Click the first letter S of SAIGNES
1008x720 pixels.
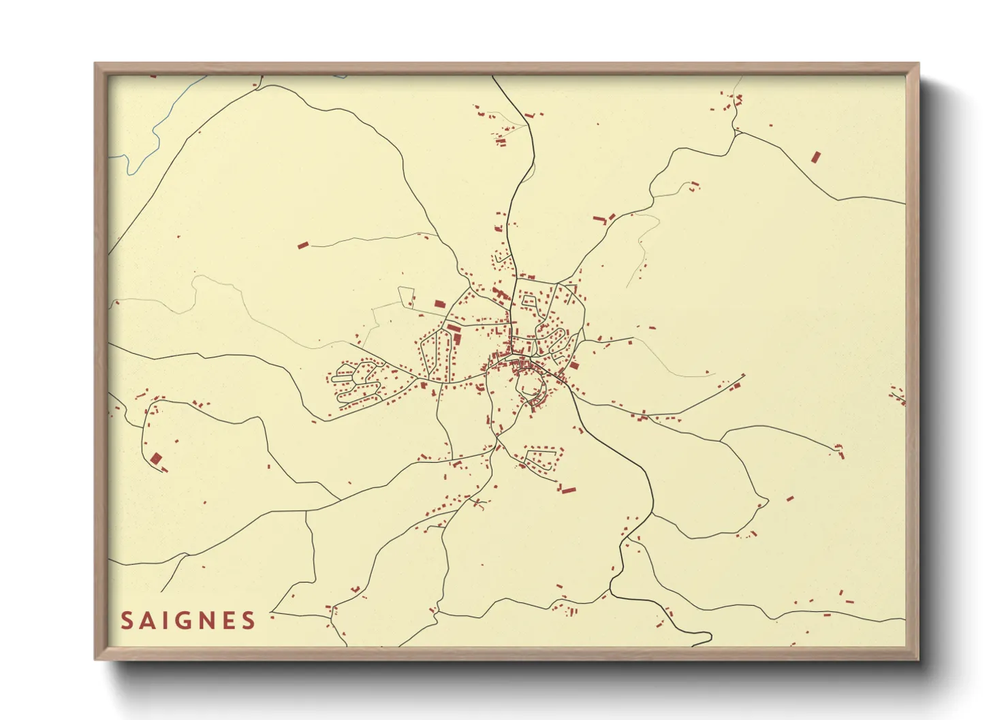(x=127, y=621)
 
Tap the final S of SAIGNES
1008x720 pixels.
(x=249, y=621)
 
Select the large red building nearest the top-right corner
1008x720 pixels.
(x=815, y=157)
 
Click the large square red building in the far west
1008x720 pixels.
(x=156, y=459)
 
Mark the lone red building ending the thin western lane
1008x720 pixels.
(x=303, y=245)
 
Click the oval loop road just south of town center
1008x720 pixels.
(x=531, y=386)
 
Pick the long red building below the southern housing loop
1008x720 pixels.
(x=567, y=489)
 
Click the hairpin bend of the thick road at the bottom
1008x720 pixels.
(x=708, y=638)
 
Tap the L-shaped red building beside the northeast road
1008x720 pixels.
(x=599, y=220)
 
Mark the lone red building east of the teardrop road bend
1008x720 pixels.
(x=790, y=499)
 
